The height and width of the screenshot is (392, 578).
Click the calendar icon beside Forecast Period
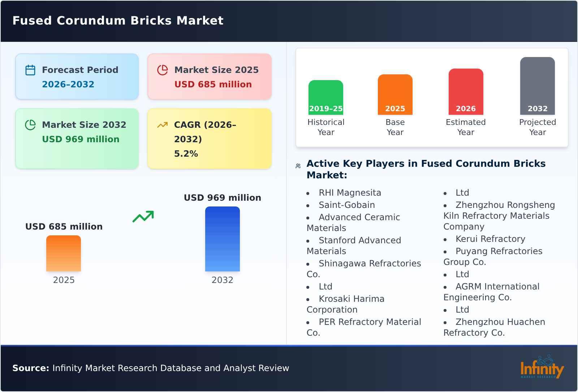(x=30, y=70)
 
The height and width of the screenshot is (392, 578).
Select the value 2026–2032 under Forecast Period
(x=68, y=84)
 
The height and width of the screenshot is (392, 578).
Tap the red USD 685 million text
(x=213, y=84)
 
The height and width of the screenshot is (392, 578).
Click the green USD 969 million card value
(x=81, y=139)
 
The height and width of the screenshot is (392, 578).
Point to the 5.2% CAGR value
(x=186, y=154)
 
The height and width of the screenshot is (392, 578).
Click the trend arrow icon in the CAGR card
(x=162, y=125)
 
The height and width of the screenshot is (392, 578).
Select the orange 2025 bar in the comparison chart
(x=64, y=253)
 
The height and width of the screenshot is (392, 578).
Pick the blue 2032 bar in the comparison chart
(x=222, y=239)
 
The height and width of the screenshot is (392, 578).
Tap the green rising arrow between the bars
(x=143, y=217)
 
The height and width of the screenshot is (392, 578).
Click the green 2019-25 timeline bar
(x=325, y=97)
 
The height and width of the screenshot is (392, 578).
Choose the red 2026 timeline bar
(x=466, y=92)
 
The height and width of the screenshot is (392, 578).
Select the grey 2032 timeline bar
(x=537, y=86)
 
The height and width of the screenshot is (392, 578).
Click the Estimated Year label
(x=466, y=127)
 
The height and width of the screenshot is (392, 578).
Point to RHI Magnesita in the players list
(x=350, y=193)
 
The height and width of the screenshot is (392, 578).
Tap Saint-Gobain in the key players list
(x=346, y=205)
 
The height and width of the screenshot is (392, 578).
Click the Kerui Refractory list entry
(x=490, y=239)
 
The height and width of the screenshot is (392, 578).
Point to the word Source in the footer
(x=30, y=368)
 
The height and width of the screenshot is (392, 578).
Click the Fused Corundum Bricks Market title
(x=118, y=21)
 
